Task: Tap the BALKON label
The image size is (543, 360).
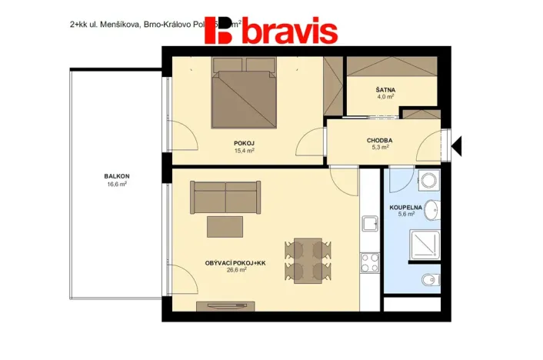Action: tap(117, 176)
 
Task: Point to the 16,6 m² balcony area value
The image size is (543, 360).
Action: tap(117, 185)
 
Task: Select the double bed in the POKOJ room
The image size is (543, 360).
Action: tap(245, 100)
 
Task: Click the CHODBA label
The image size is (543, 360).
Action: tap(379, 140)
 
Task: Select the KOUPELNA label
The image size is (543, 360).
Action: tap(405, 208)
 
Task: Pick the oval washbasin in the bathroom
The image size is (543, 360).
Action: tap(433, 209)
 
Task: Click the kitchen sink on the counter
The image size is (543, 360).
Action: tap(369, 225)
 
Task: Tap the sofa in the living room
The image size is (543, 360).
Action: tap(225, 198)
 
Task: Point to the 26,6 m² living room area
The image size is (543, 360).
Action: tap(236, 270)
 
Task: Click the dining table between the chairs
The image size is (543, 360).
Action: tap(308, 259)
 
